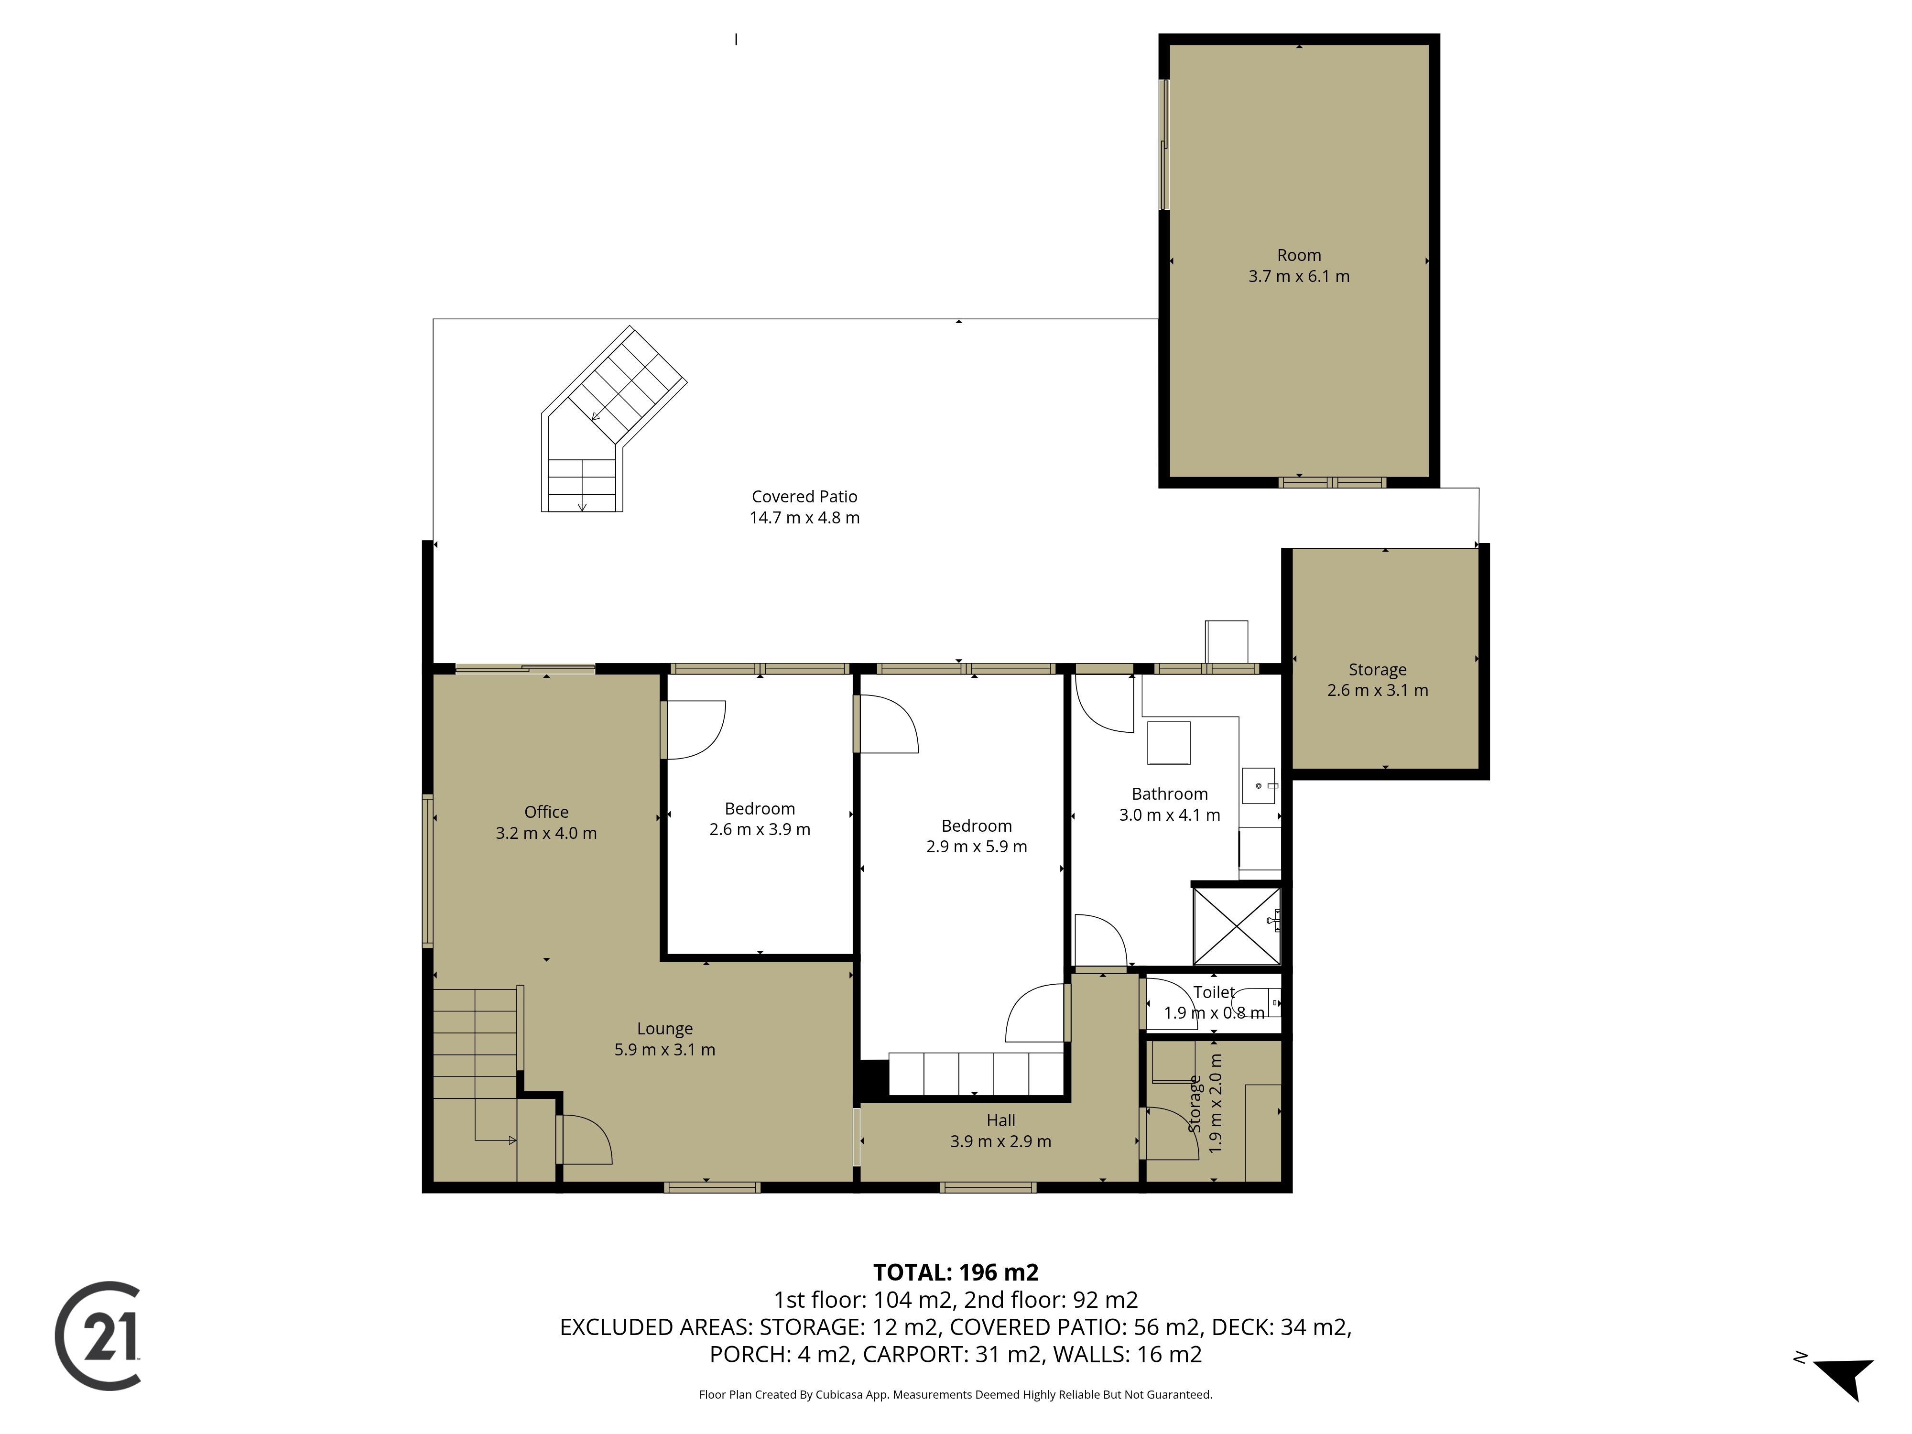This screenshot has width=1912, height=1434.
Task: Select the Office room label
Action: [x=546, y=812]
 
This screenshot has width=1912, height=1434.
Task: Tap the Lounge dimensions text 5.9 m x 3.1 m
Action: [x=665, y=1049]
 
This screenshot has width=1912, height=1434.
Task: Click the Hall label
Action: [x=1001, y=1120]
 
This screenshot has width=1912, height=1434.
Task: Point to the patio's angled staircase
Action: [x=612, y=421]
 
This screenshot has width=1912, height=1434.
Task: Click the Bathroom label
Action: [x=1170, y=793]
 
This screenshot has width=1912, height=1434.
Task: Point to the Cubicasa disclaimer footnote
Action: [x=955, y=1394]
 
